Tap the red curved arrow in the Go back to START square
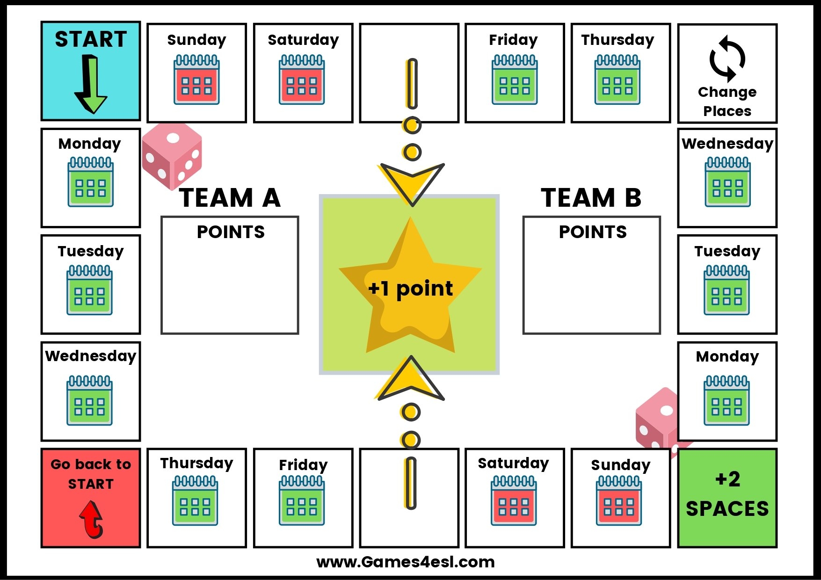(92, 519)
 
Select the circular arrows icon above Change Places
(727, 58)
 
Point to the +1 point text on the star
(410, 289)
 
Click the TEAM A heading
(230, 198)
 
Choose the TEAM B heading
(591, 198)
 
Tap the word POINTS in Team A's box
(231, 232)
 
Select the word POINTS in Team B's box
(593, 232)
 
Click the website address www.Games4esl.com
(406, 562)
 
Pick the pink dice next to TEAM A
(172, 155)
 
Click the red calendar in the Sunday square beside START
(196, 80)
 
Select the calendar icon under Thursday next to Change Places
(618, 80)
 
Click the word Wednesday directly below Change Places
(727, 144)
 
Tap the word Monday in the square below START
(90, 144)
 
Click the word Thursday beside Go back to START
(196, 463)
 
